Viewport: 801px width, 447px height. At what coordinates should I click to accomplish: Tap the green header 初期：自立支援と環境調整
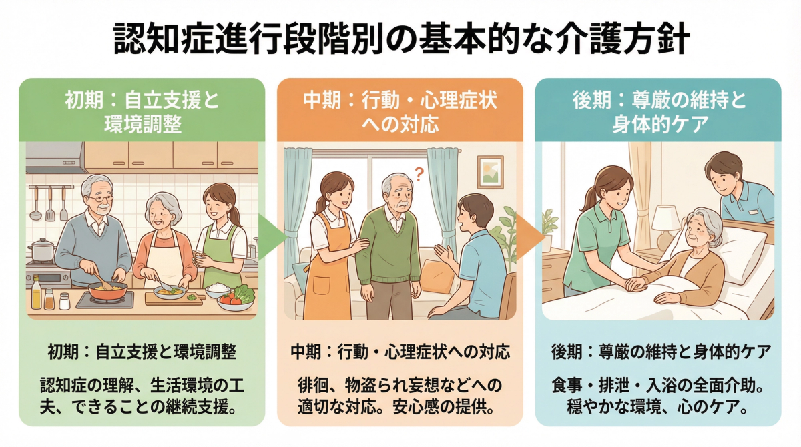(142, 111)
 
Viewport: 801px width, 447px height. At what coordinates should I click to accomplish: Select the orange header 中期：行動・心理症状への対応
(400, 111)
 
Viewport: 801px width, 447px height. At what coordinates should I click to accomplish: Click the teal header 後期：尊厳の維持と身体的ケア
(659, 111)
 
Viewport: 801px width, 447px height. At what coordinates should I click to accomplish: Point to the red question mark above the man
(419, 175)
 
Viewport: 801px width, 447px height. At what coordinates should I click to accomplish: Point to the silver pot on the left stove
(41, 251)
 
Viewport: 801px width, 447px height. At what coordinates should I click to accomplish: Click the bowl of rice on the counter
(218, 290)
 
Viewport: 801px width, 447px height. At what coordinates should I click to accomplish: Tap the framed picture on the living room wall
(490, 172)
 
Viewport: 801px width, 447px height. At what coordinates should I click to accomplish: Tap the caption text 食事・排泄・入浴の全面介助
(658, 386)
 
